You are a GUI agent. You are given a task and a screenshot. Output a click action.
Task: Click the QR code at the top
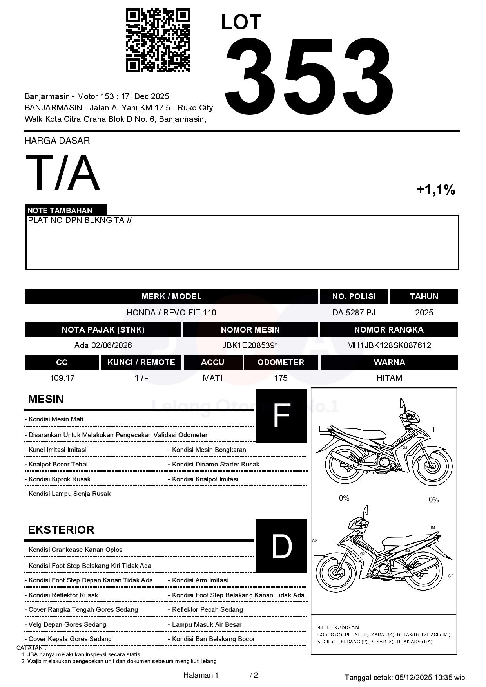tap(158, 40)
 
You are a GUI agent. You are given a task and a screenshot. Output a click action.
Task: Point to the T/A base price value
tap(63, 173)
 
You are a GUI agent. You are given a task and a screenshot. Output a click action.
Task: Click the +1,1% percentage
tap(435, 190)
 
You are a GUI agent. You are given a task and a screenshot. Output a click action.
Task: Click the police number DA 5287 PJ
tap(354, 313)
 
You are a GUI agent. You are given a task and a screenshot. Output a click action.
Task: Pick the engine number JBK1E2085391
tap(250, 345)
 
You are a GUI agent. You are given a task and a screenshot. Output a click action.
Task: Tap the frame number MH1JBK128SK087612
tap(389, 345)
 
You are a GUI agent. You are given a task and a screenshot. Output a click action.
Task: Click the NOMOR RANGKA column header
tap(388, 330)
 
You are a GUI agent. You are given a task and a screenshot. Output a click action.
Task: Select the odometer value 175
tap(281, 378)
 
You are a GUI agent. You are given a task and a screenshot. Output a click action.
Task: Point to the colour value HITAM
tap(389, 378)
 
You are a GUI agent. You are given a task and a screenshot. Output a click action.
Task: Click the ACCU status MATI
tap(212, 378)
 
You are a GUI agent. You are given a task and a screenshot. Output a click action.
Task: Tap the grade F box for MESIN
tap(281, 416)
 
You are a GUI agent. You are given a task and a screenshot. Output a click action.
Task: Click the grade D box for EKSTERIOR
tap(281, 546)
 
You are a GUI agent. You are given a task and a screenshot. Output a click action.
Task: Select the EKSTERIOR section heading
tap(61, 530)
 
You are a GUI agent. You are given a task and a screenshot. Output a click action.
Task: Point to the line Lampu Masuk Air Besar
tap(207, 624)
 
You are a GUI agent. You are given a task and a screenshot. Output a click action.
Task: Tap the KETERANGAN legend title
tap(338, 627)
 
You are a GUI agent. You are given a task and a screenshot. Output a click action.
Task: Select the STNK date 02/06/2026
tap(112, 345)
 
